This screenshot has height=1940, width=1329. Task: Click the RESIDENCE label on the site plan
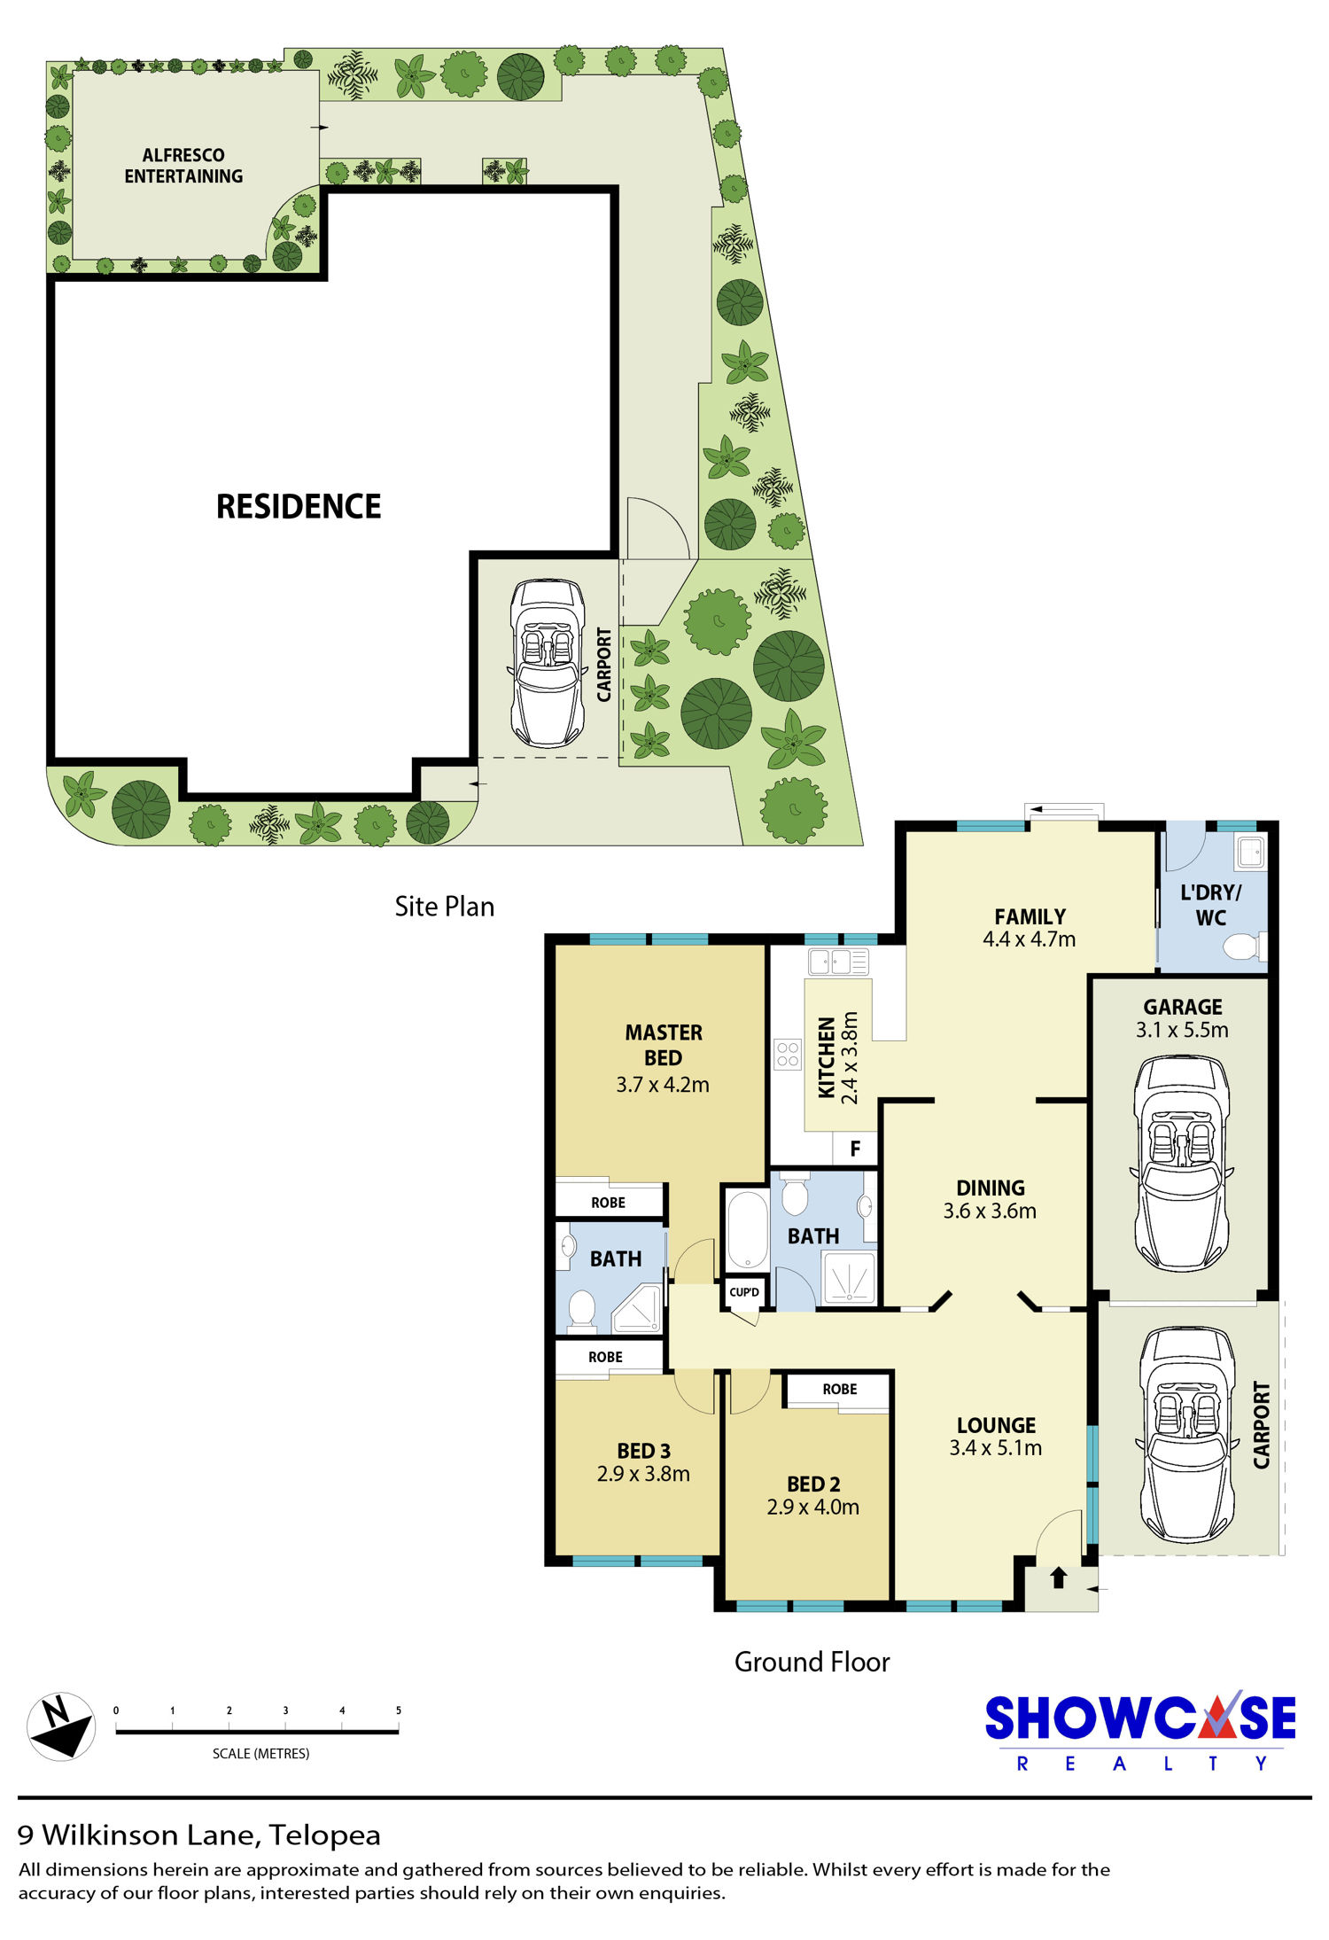point(299,506)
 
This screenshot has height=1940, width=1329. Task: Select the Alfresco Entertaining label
point(183,166)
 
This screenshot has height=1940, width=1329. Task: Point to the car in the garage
point(1181,1163)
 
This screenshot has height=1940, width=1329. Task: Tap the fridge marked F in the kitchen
point(855,1149)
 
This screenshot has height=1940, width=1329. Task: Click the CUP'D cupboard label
point(744,1292)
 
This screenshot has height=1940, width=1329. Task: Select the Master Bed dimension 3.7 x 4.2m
point(663,1084)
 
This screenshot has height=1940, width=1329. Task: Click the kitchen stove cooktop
point(787,1055)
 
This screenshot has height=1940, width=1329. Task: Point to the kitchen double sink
point(838,962)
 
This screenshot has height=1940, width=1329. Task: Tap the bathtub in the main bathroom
point(748,1230)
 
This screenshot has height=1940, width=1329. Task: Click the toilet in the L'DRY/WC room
point(1244,947)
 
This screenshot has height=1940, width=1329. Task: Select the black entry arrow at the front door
point(1058,1578)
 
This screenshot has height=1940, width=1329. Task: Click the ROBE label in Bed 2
point(839,1389)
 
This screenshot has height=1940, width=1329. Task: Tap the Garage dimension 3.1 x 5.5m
point(1182,1030)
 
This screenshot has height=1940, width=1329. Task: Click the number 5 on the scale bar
point(399,1710)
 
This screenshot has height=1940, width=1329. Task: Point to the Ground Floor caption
point(812,1662)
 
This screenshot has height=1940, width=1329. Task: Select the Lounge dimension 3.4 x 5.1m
point(995,1448)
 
